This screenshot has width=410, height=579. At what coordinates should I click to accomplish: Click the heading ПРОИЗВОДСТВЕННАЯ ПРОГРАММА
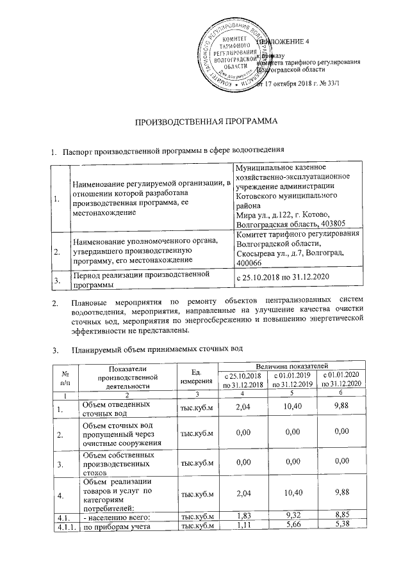point(205,122)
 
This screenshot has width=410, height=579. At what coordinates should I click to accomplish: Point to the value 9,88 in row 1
point(343,407)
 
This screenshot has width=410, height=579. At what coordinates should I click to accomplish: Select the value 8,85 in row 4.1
point(343,516)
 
